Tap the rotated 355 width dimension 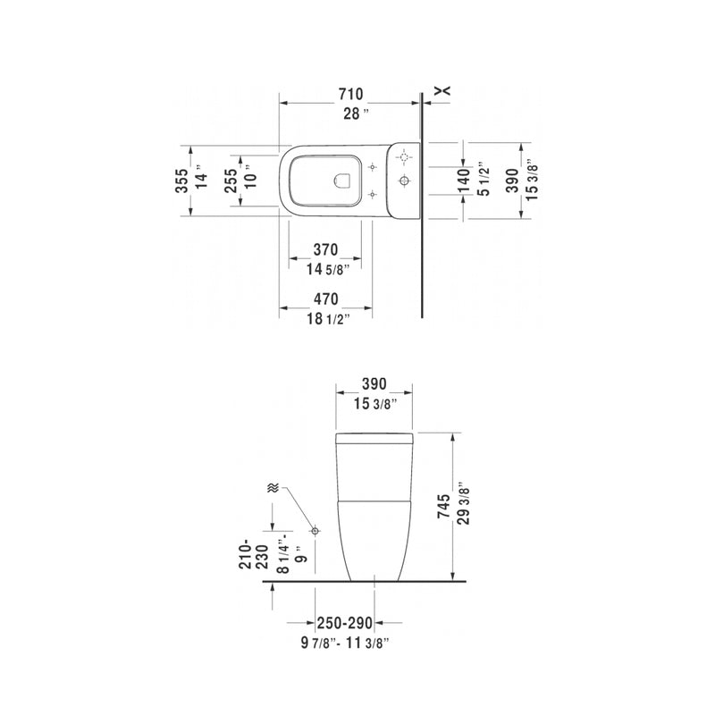pyautogui.click(x=182, y=181)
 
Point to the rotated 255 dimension pyautogui.click(x=231, y=181)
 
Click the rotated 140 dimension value pyautogui.click(x=463, y=181)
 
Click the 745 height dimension pyautogui.click(x=444, y=507)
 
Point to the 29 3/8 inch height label pyautogui.click(x=462, y=507)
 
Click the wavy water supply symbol pyautogui.click(x=273, y=488)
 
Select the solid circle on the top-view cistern pyautogui.click(x=404, y=182)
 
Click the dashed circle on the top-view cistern pyautogui.click(x=404, y=158)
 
